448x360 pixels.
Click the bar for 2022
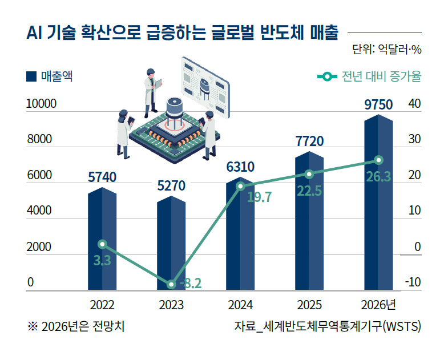pos(102,240)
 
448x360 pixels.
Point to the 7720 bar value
pos(309,141)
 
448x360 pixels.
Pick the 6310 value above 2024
pos(240,167)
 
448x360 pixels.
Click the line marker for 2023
pos(171,284)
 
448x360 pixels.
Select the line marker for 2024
pos(240,186)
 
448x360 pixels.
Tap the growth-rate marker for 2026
pos(378,160)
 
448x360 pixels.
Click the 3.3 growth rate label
pos(102,261)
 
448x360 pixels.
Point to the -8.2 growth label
pos(190,284)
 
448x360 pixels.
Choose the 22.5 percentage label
pos(309,191)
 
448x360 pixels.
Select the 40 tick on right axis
pos(414,104)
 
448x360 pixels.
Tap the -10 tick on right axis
pos(413,283)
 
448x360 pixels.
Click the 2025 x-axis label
pos(309,304)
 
